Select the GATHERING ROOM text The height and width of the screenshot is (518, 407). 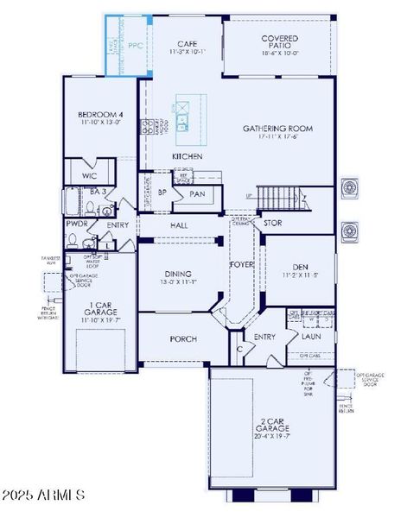[277, 129]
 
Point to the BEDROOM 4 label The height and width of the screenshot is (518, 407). [100, 115]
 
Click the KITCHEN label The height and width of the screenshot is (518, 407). [187, 156]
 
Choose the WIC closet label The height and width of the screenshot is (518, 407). [89, 175]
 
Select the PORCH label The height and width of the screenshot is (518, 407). [183, 338]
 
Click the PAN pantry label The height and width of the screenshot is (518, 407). [197, 194]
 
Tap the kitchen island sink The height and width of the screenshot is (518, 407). [182, 128]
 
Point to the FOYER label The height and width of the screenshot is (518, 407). [241, 264]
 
